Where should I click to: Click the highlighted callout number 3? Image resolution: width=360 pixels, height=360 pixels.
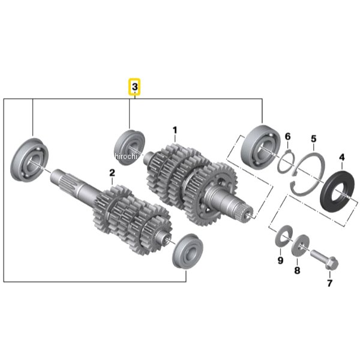[134, 87]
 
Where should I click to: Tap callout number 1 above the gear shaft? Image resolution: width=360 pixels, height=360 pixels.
[175, 130]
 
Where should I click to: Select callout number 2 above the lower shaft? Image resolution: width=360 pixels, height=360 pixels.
[112, 172]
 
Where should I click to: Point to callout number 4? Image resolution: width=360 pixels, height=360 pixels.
[342, 157]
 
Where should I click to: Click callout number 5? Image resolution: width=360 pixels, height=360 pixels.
[314, 139]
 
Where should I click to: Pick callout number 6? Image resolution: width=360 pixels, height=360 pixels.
[287, 137]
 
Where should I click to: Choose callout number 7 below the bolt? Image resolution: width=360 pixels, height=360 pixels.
[329, 283]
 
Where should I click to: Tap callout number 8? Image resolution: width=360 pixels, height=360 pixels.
[297, 270]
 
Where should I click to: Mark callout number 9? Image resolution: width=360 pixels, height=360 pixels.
[280, 260]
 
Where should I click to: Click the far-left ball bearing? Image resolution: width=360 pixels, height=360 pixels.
[29, 160]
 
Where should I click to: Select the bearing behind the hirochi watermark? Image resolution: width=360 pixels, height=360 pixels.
[130, 147]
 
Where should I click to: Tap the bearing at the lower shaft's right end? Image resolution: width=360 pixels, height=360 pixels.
[188, 251]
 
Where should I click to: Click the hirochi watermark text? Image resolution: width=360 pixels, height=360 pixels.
[126, 157]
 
